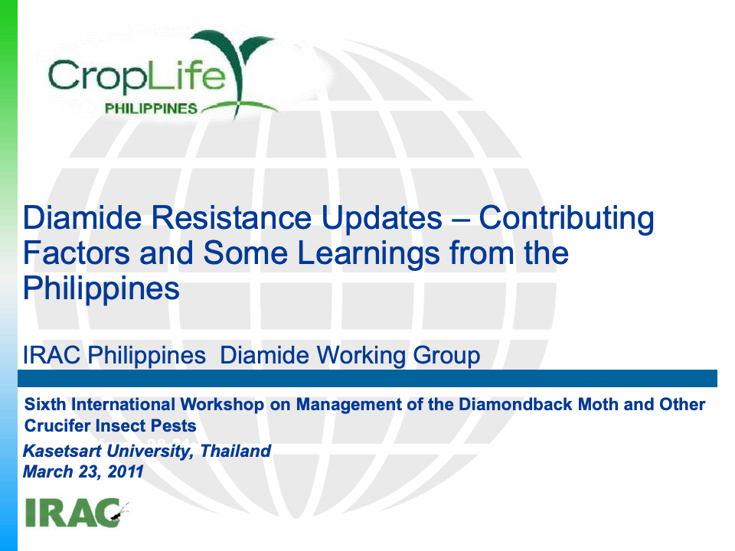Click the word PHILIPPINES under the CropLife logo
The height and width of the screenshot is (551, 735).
151,108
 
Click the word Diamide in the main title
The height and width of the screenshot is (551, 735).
82,217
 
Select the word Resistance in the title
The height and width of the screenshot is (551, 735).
231,217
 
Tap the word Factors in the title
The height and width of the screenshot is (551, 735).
77,253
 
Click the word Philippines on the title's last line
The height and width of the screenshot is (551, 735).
101,289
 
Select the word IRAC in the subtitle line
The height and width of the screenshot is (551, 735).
51,355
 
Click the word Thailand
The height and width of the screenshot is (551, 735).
235,451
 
